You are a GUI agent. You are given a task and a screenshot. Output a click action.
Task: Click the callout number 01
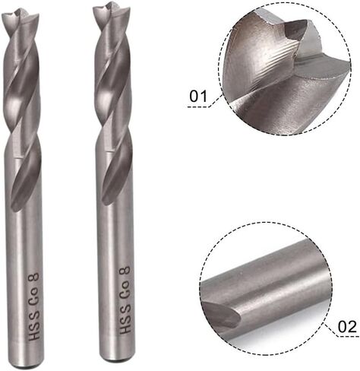[x=198, y=97]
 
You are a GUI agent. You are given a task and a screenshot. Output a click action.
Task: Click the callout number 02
[x=347, y=327]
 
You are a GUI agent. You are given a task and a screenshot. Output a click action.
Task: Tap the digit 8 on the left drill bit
[x=34, y=277]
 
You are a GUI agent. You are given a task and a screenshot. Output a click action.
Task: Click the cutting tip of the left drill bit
[x=18, y=11]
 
